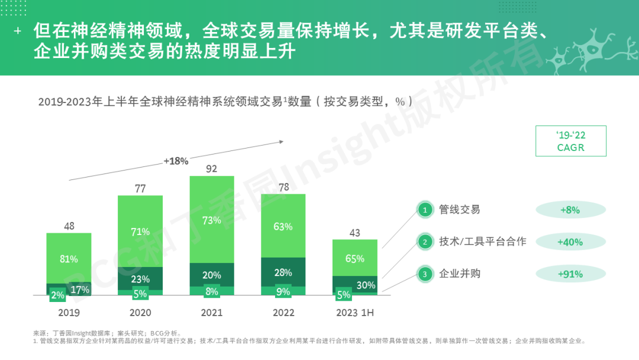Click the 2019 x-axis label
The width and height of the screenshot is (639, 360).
[69, 312]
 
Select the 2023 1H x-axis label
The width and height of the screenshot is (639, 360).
[354, 312]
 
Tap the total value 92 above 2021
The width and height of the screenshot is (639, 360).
[212, 168]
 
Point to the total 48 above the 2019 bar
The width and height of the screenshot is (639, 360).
[69, 226]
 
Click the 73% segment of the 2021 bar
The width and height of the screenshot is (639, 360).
[212, 220]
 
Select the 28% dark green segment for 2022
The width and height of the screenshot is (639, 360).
[283, 272]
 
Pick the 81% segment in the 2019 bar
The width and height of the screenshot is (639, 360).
[69, 259]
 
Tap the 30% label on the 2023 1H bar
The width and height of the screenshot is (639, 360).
[366, 285]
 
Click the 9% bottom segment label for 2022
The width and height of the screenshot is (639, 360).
[283, 291]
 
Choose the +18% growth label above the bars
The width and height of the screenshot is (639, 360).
[176, 160]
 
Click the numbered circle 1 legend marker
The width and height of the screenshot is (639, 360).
[424, 210]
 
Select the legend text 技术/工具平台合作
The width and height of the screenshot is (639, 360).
[482, 242]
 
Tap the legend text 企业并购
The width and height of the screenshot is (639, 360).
[459, 274]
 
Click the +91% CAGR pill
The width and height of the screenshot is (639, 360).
[570, 274]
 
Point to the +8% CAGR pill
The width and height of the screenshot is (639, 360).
[570, 210]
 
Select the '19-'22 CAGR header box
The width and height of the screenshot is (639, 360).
[570, 141]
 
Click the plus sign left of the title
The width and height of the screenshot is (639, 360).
[18, 30]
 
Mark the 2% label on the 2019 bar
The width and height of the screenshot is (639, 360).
[58, 295]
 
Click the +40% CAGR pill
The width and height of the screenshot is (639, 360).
[570, 242]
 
